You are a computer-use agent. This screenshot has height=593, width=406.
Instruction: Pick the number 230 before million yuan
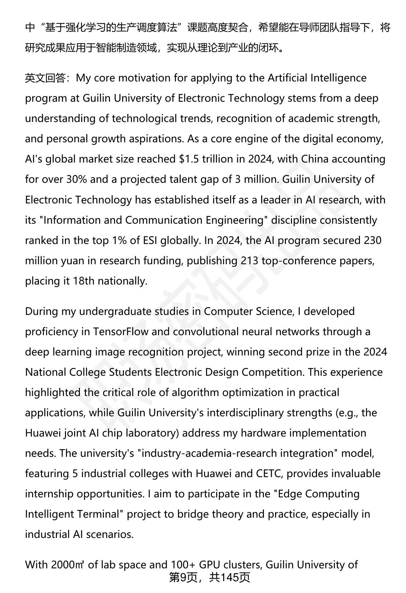tap(372, 240)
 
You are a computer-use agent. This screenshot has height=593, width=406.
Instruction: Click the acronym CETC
tap(268, 473)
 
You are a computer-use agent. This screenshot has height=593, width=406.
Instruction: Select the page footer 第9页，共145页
tap(209, 577)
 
